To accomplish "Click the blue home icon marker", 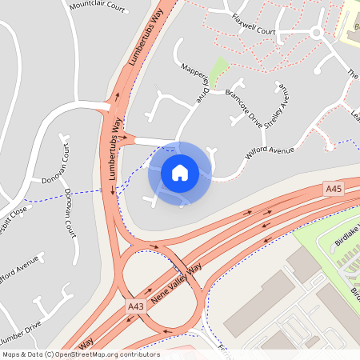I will click(180, 172).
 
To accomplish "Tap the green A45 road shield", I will click(334, 189).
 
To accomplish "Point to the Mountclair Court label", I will click(98, 7).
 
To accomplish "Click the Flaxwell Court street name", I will click(253, 25).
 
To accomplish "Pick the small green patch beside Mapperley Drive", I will click(219, 66).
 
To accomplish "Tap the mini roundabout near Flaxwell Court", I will click(316, 33).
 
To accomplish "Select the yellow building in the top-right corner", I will click(351, 20).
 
